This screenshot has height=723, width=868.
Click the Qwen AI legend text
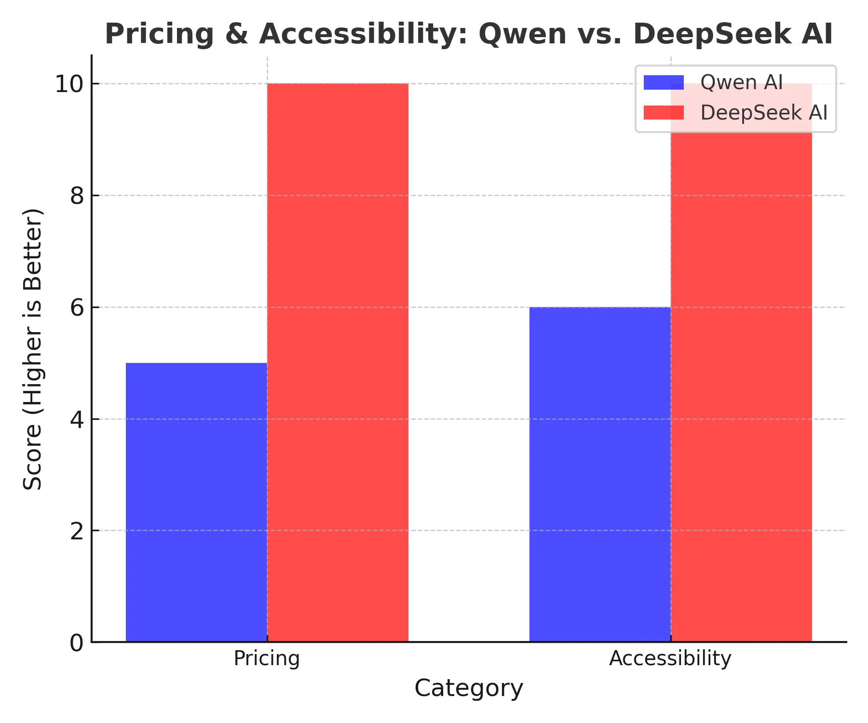coord(741,82)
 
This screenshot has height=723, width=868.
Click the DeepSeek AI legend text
coord(764,113)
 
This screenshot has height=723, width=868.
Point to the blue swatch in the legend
coord(664,82)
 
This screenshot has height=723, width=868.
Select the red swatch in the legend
coord(664,113)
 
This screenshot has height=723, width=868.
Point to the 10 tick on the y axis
coord(69,84)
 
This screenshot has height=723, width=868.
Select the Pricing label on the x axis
coord(267,658)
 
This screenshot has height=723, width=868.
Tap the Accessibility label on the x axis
coord(670,658)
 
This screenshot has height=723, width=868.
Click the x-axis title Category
coord(469,688)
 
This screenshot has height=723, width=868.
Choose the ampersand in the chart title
coord(237,34)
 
